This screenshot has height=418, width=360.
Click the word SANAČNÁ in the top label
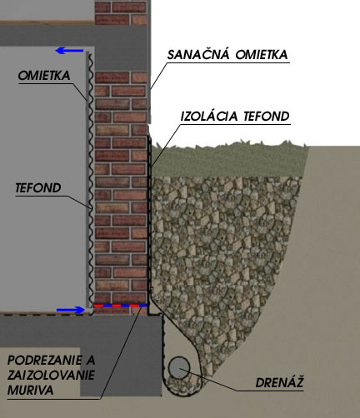click(198, 54)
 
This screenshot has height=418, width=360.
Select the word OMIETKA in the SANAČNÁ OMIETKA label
click(262, 55)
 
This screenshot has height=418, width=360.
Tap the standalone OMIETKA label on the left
click(44, 76)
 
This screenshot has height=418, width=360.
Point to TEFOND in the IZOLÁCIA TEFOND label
click(267, 117)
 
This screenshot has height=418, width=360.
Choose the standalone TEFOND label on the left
click(38, 188)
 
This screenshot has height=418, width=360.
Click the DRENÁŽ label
click(279, 383)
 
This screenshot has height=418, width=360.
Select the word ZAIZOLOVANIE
click(51, 376)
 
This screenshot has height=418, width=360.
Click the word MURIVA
click(30, 391)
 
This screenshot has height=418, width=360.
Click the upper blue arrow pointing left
click(69, 51)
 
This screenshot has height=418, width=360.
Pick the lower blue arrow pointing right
click(71, 310)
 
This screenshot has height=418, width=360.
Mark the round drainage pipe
click(179, 368)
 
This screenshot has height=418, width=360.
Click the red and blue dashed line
click(120, 306)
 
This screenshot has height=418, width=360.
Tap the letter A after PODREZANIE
click(91, 361)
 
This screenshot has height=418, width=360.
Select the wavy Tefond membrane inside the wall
click(90, 181)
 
